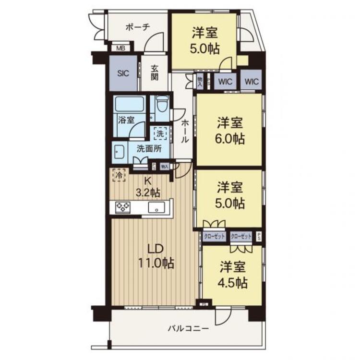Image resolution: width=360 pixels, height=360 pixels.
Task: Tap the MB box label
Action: (x=121, y=48)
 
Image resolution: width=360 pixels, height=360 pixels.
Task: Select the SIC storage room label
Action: (x=123, y=74)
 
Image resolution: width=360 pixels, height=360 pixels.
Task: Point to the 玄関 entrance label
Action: (x=155, y=73)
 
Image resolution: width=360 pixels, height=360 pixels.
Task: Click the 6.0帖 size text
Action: (x=229, y=139)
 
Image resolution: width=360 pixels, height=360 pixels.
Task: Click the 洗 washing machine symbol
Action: (x=161, y=132)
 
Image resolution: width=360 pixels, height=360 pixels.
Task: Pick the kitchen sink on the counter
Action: (x=157, y=208)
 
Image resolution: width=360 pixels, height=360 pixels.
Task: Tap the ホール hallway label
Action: (x=184, y=130)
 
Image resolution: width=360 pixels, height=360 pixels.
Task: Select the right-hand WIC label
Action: (x=251, y=82)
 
